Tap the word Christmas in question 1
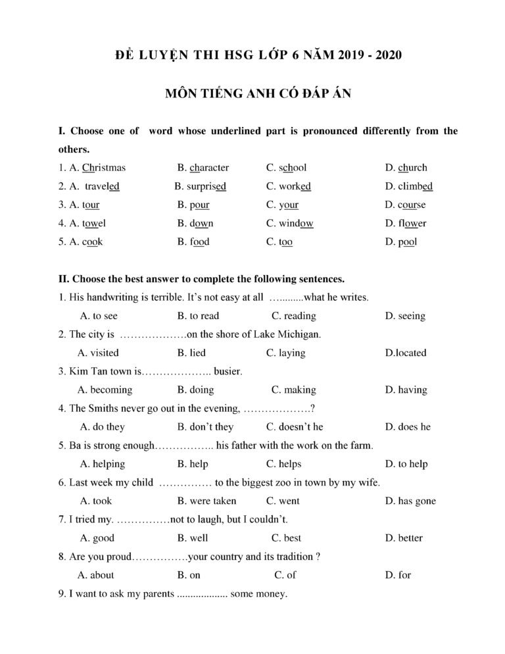click(x=104, y=168)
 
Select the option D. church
click(x=406, y=168)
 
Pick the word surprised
click(x=206, y=186)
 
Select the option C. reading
click(x=293, y=316)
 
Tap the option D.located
click(x=405, y=353)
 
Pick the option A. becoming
click(x=105, y=390)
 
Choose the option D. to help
click(x=406, y=464)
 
